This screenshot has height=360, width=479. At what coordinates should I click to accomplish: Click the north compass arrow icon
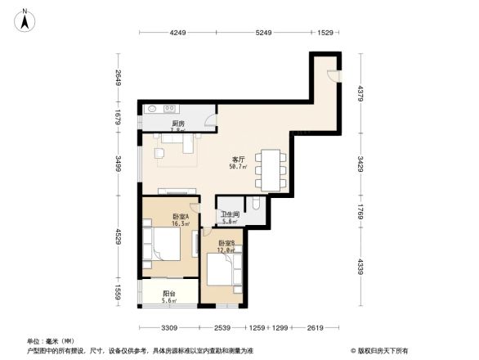coord(26,19)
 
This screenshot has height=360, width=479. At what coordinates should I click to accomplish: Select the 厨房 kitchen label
coord(177,123)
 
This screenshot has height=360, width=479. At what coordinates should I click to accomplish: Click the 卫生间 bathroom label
coord(230,214)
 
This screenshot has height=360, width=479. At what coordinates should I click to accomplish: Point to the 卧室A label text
coord(181,215)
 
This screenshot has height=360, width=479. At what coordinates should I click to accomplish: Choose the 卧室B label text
coord(227,243)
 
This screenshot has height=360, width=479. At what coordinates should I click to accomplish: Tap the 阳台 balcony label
coord(170,294)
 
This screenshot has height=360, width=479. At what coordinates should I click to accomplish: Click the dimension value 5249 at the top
coord(263,33)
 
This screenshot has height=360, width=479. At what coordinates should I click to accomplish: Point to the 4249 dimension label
coord(178,33)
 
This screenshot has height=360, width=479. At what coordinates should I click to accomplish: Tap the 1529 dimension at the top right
coord(325,33)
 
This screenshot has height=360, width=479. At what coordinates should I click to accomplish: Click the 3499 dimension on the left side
coord(119,164)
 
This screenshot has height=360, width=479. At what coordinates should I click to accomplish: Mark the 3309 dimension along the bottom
coord(169,328)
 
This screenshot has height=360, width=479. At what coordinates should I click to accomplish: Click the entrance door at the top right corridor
coord(332,76)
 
